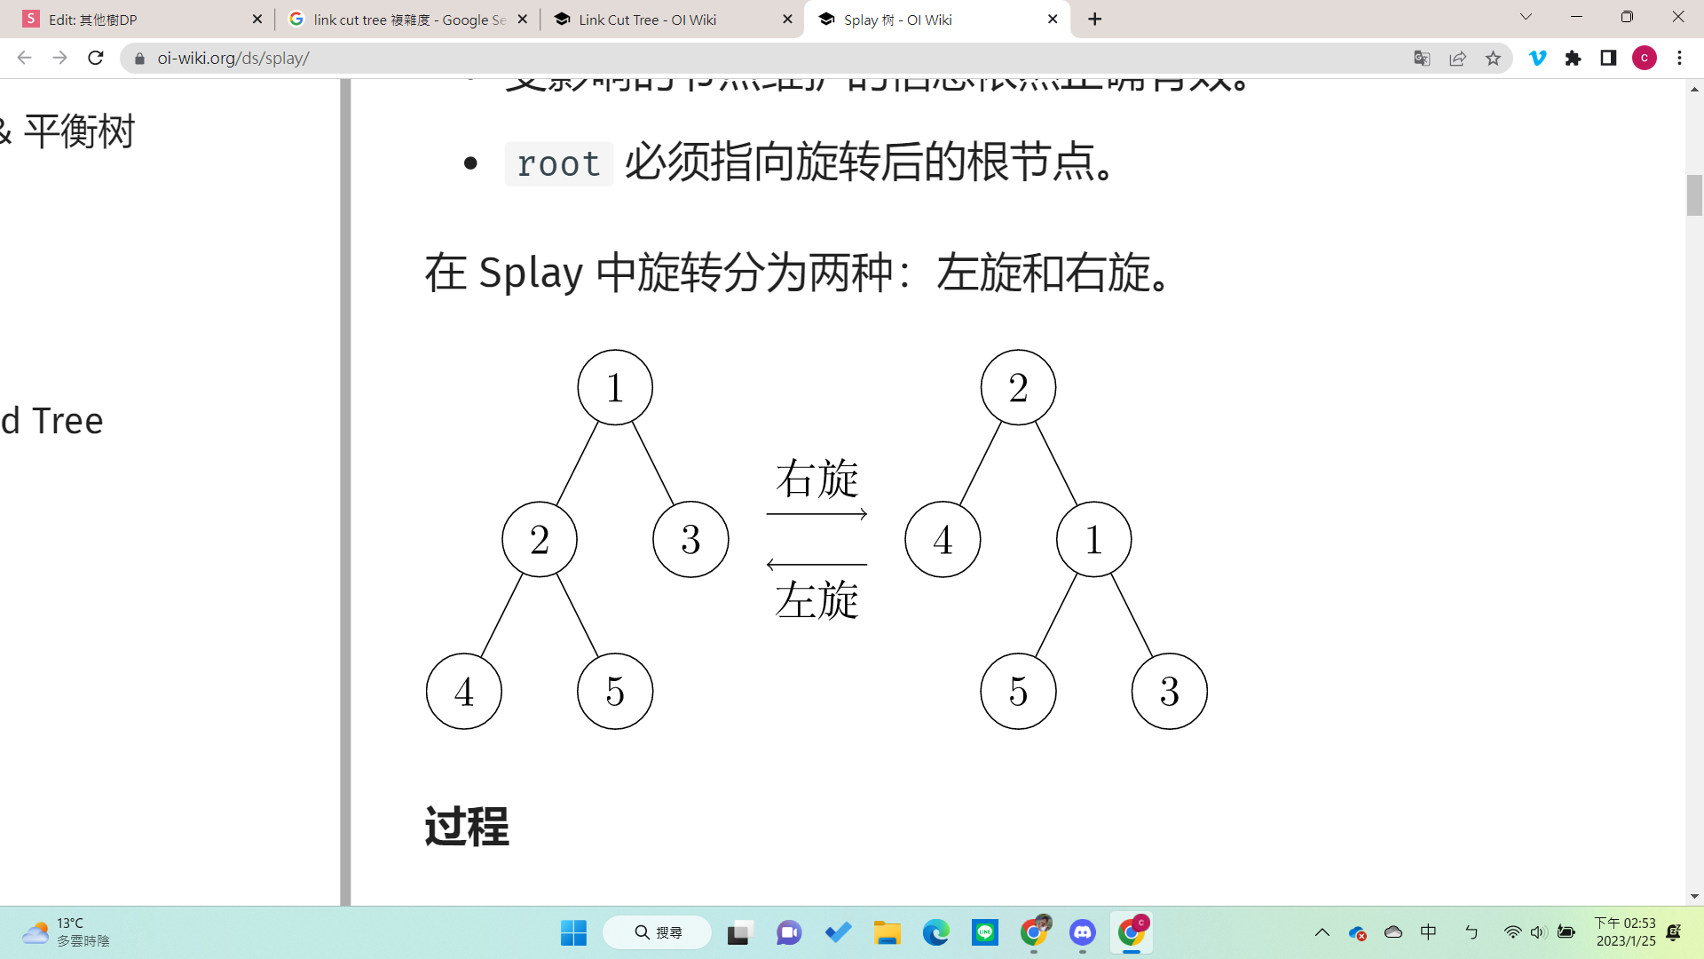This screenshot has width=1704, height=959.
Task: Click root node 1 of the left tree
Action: (x=615, y=387)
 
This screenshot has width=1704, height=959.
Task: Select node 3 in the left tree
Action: (x=690, y=539)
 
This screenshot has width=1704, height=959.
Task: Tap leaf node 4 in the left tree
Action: (x=464, y=691)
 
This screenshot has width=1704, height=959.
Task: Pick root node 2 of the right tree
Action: (x=1018, y=387)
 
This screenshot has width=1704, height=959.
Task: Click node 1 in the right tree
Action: (x=1093, y=539)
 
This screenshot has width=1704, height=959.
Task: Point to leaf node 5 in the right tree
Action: (x=1018, y=691)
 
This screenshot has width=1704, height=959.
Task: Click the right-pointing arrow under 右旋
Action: (x=816, y=513)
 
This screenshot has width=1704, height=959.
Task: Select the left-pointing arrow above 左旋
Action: (x=816, y=564)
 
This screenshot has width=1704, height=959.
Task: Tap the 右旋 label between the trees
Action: (x=816, y=479)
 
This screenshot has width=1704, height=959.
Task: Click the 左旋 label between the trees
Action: (x=816, y=599)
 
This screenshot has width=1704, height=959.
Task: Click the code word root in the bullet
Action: (x=558, y=164)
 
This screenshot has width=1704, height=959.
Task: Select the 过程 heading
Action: (x=467, y=827)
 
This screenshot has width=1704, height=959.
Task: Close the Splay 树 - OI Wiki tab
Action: (x=1053, y=20)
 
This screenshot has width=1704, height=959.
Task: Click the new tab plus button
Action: (x=1095, y=20)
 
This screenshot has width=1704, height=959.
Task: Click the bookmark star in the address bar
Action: (x=1493, y=59)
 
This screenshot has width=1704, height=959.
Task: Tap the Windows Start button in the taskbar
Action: (x=573, y=932)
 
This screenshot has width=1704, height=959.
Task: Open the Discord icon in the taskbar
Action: (x=1082, y=932)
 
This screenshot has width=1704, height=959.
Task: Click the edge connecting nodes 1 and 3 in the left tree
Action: (x=653, y=464)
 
